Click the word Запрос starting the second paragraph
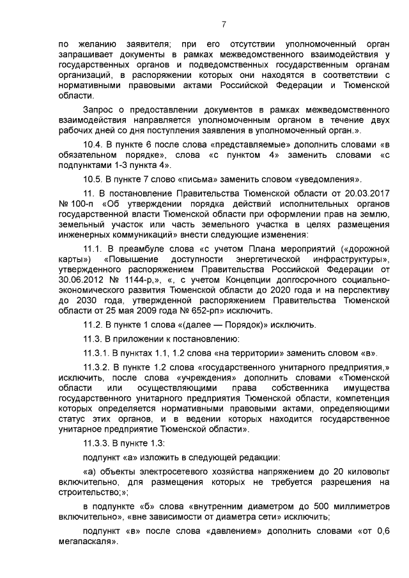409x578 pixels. pos(100,103)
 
